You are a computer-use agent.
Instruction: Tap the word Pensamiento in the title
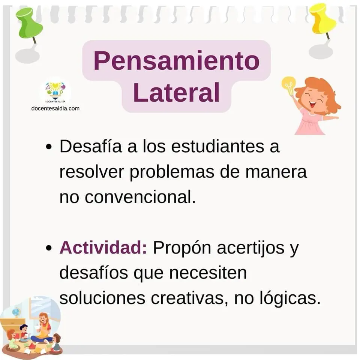[176, 61]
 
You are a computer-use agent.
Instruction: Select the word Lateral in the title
[176, 93]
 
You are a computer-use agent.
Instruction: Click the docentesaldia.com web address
[55, 108]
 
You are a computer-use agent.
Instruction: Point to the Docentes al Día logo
[55, 92]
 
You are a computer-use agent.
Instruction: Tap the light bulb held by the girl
[289, 85]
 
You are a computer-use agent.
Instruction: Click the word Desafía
[91, 146]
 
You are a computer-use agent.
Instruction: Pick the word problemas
[172, 172]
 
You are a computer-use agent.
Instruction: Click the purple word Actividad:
[103, 248]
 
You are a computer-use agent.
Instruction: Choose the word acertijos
[250, 248]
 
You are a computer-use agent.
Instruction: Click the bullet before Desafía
[49, 147]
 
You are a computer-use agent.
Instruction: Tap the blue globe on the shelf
[16, 312]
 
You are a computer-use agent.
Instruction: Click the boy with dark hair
[23, 331]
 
